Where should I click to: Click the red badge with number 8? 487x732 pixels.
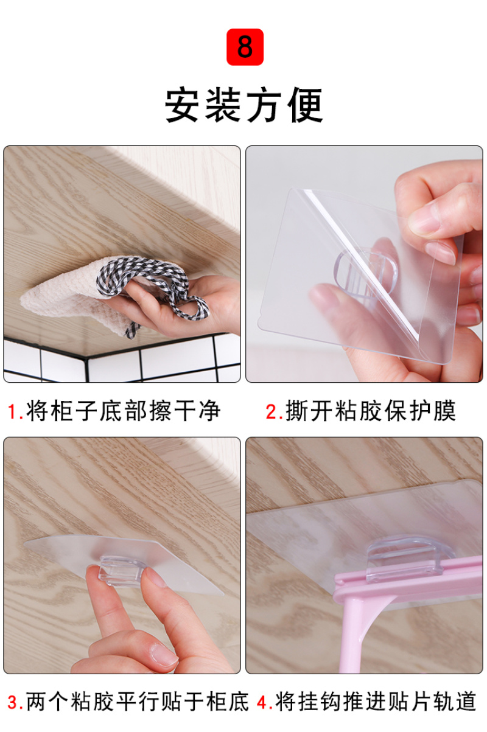point(245,47)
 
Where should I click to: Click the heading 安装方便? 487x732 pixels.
point(244,105)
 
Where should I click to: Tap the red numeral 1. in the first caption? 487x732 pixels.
point(15,411)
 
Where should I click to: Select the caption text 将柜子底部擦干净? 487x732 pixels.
point(123,411)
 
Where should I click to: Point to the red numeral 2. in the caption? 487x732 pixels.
point(274,411)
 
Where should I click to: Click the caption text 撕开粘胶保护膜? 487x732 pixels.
point(371,411)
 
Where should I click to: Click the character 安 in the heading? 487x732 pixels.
point(183,105)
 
